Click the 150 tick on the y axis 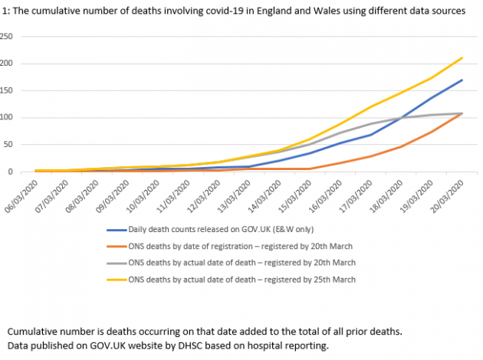[x=7, y=90]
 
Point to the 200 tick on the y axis [x=7, y=63]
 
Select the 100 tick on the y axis [x=7, y=117]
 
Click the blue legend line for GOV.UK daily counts [x=125, y=229]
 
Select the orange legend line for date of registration [x=125, y=246]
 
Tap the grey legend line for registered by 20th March [x=125, y=263]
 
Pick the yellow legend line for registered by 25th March [x=125, y=280]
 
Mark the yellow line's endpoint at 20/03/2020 [x=462, y=57]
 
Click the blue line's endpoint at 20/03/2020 [x=462, y=80]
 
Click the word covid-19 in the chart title [x=222, y=11]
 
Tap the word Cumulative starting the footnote [x=34, y=332]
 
